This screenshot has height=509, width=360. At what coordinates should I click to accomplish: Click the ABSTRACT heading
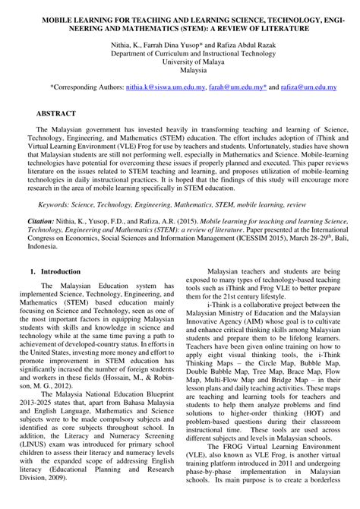[56, 112]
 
